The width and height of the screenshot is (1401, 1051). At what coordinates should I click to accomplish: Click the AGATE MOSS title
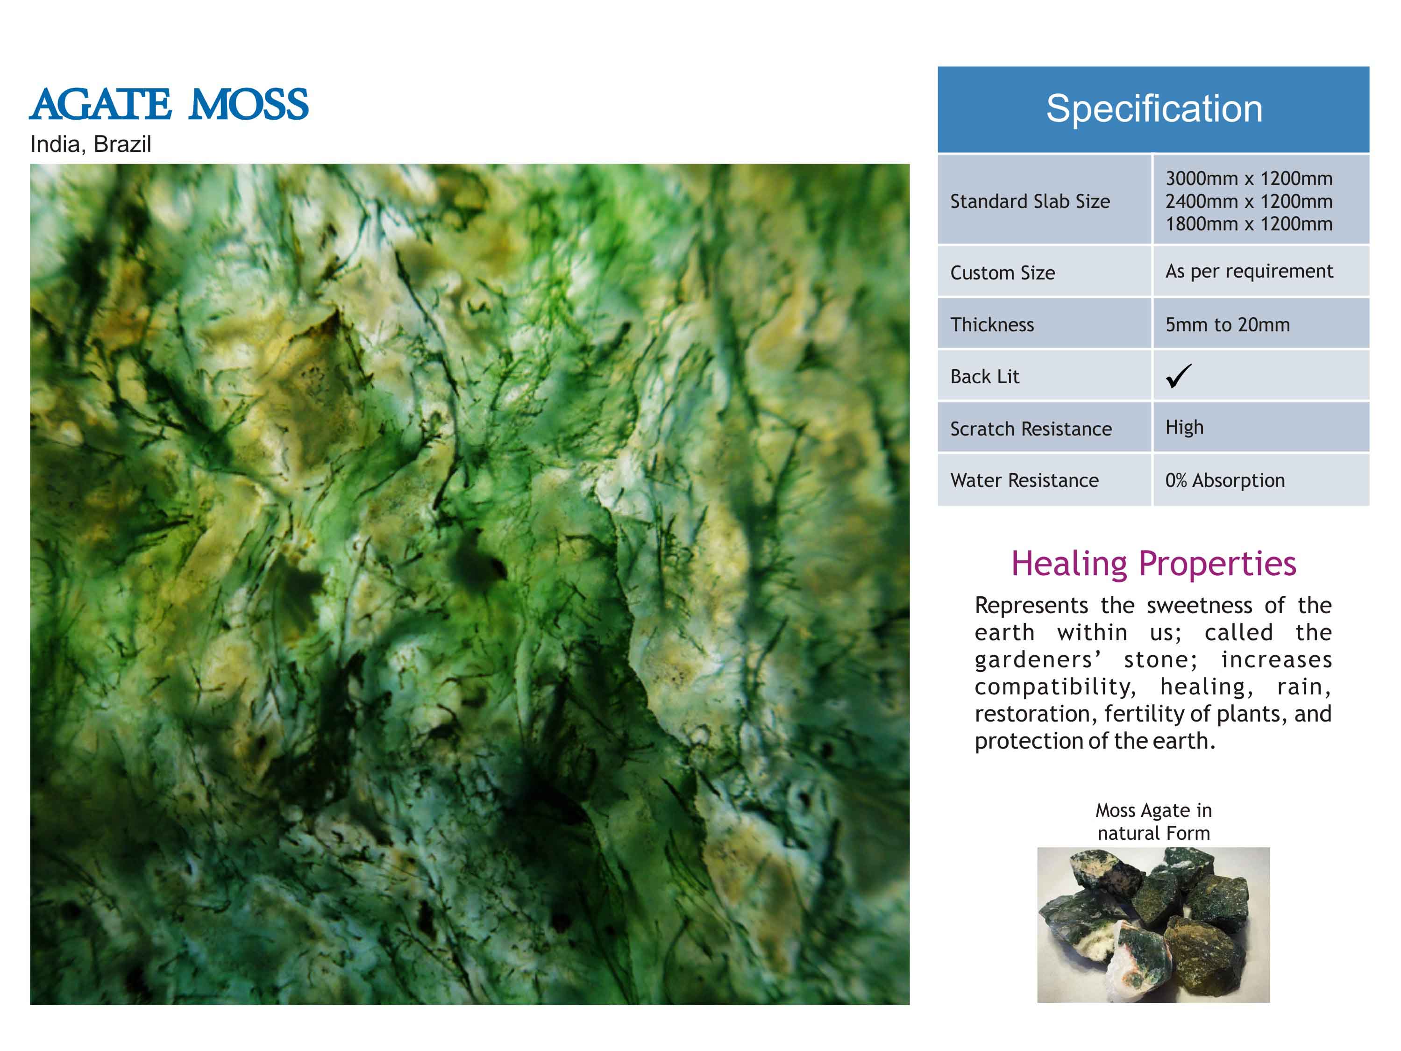(x=169, y=105)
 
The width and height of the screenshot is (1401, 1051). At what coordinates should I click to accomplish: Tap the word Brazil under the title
(x=122, y=144)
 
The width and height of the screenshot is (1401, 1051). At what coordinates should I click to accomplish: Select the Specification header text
(x=1154, y=109)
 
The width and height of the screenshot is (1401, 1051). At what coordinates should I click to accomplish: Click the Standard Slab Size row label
(x=1030, y=201)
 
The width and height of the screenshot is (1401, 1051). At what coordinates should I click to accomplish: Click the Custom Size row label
(x=1003, y=273)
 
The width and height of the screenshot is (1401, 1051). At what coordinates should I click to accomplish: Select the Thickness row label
(x=992, y=325)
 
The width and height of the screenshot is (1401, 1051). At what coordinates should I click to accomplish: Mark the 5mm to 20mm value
(x=1228, y=325)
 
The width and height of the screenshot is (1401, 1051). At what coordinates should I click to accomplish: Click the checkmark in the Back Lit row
(x=1179, y=376)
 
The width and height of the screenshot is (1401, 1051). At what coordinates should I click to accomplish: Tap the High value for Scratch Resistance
(x=1184, y=428)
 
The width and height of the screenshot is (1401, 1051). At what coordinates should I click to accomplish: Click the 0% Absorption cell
(x=1225, y=481)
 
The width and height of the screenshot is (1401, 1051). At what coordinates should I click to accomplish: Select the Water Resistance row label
(x=1024, y=481)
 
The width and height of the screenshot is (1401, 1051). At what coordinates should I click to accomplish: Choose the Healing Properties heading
(x=1153, y=563)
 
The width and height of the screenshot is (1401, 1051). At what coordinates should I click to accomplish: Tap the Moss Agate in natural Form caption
(x=1153, y=822)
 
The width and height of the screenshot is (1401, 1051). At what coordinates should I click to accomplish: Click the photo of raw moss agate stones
(x=1153, y=925)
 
